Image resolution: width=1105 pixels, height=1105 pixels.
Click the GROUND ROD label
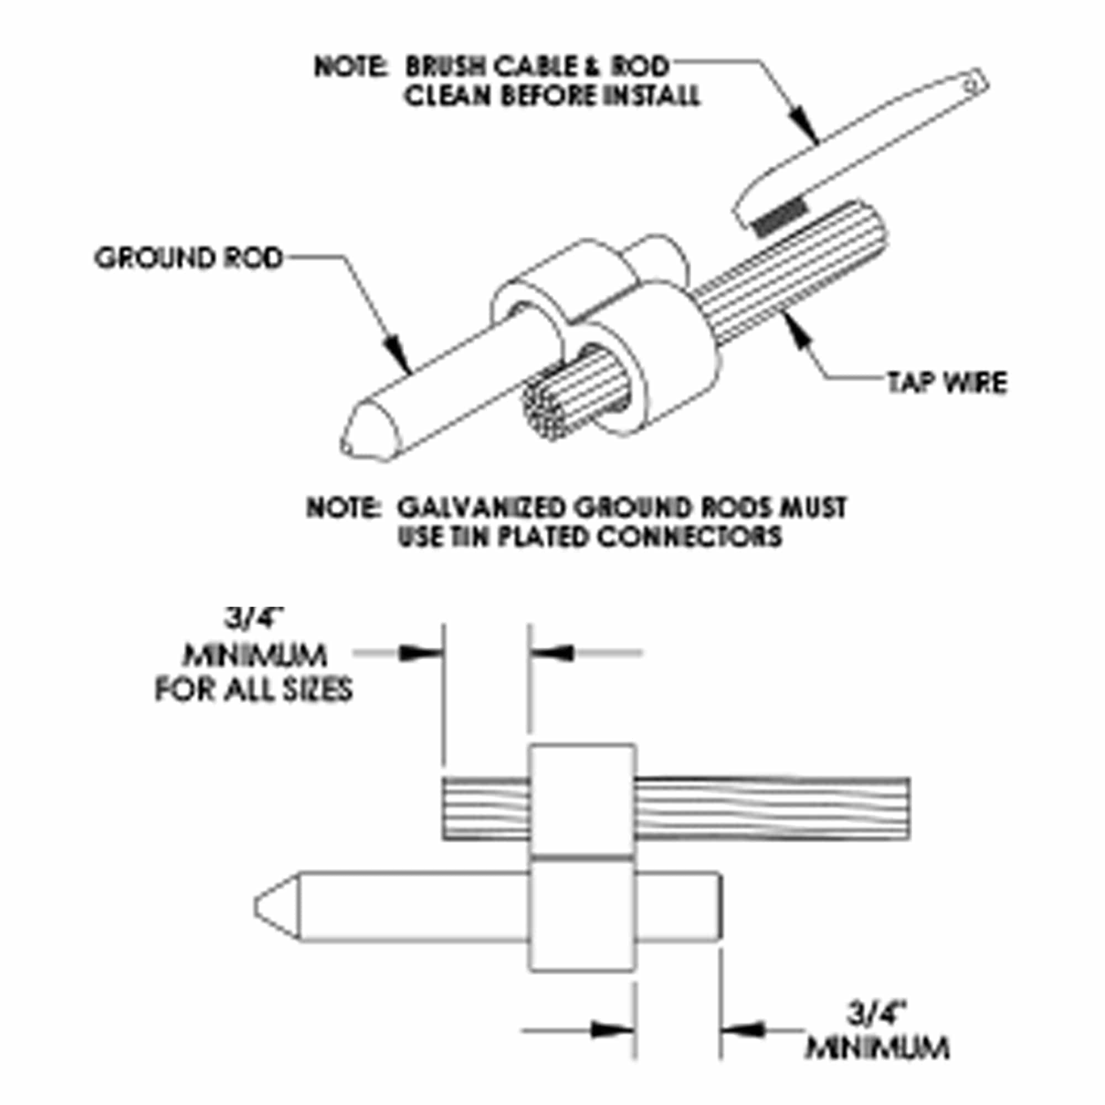click(189, 259)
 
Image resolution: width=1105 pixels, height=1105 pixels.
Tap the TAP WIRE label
click(947, 383)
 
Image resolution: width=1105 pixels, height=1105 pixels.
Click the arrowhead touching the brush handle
click(808, 129)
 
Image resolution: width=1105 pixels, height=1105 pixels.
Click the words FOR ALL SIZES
click(254, 688)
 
